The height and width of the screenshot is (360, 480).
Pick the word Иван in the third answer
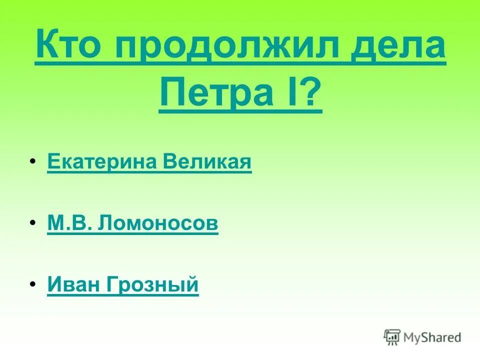[74, 284]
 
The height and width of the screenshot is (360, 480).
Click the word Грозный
[152, 285]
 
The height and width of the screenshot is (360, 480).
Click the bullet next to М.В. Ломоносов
[32, 222]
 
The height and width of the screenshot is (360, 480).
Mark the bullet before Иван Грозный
[32, 283]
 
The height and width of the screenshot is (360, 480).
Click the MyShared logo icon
[392, 337]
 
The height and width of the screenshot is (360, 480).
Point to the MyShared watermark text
[433, 338]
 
